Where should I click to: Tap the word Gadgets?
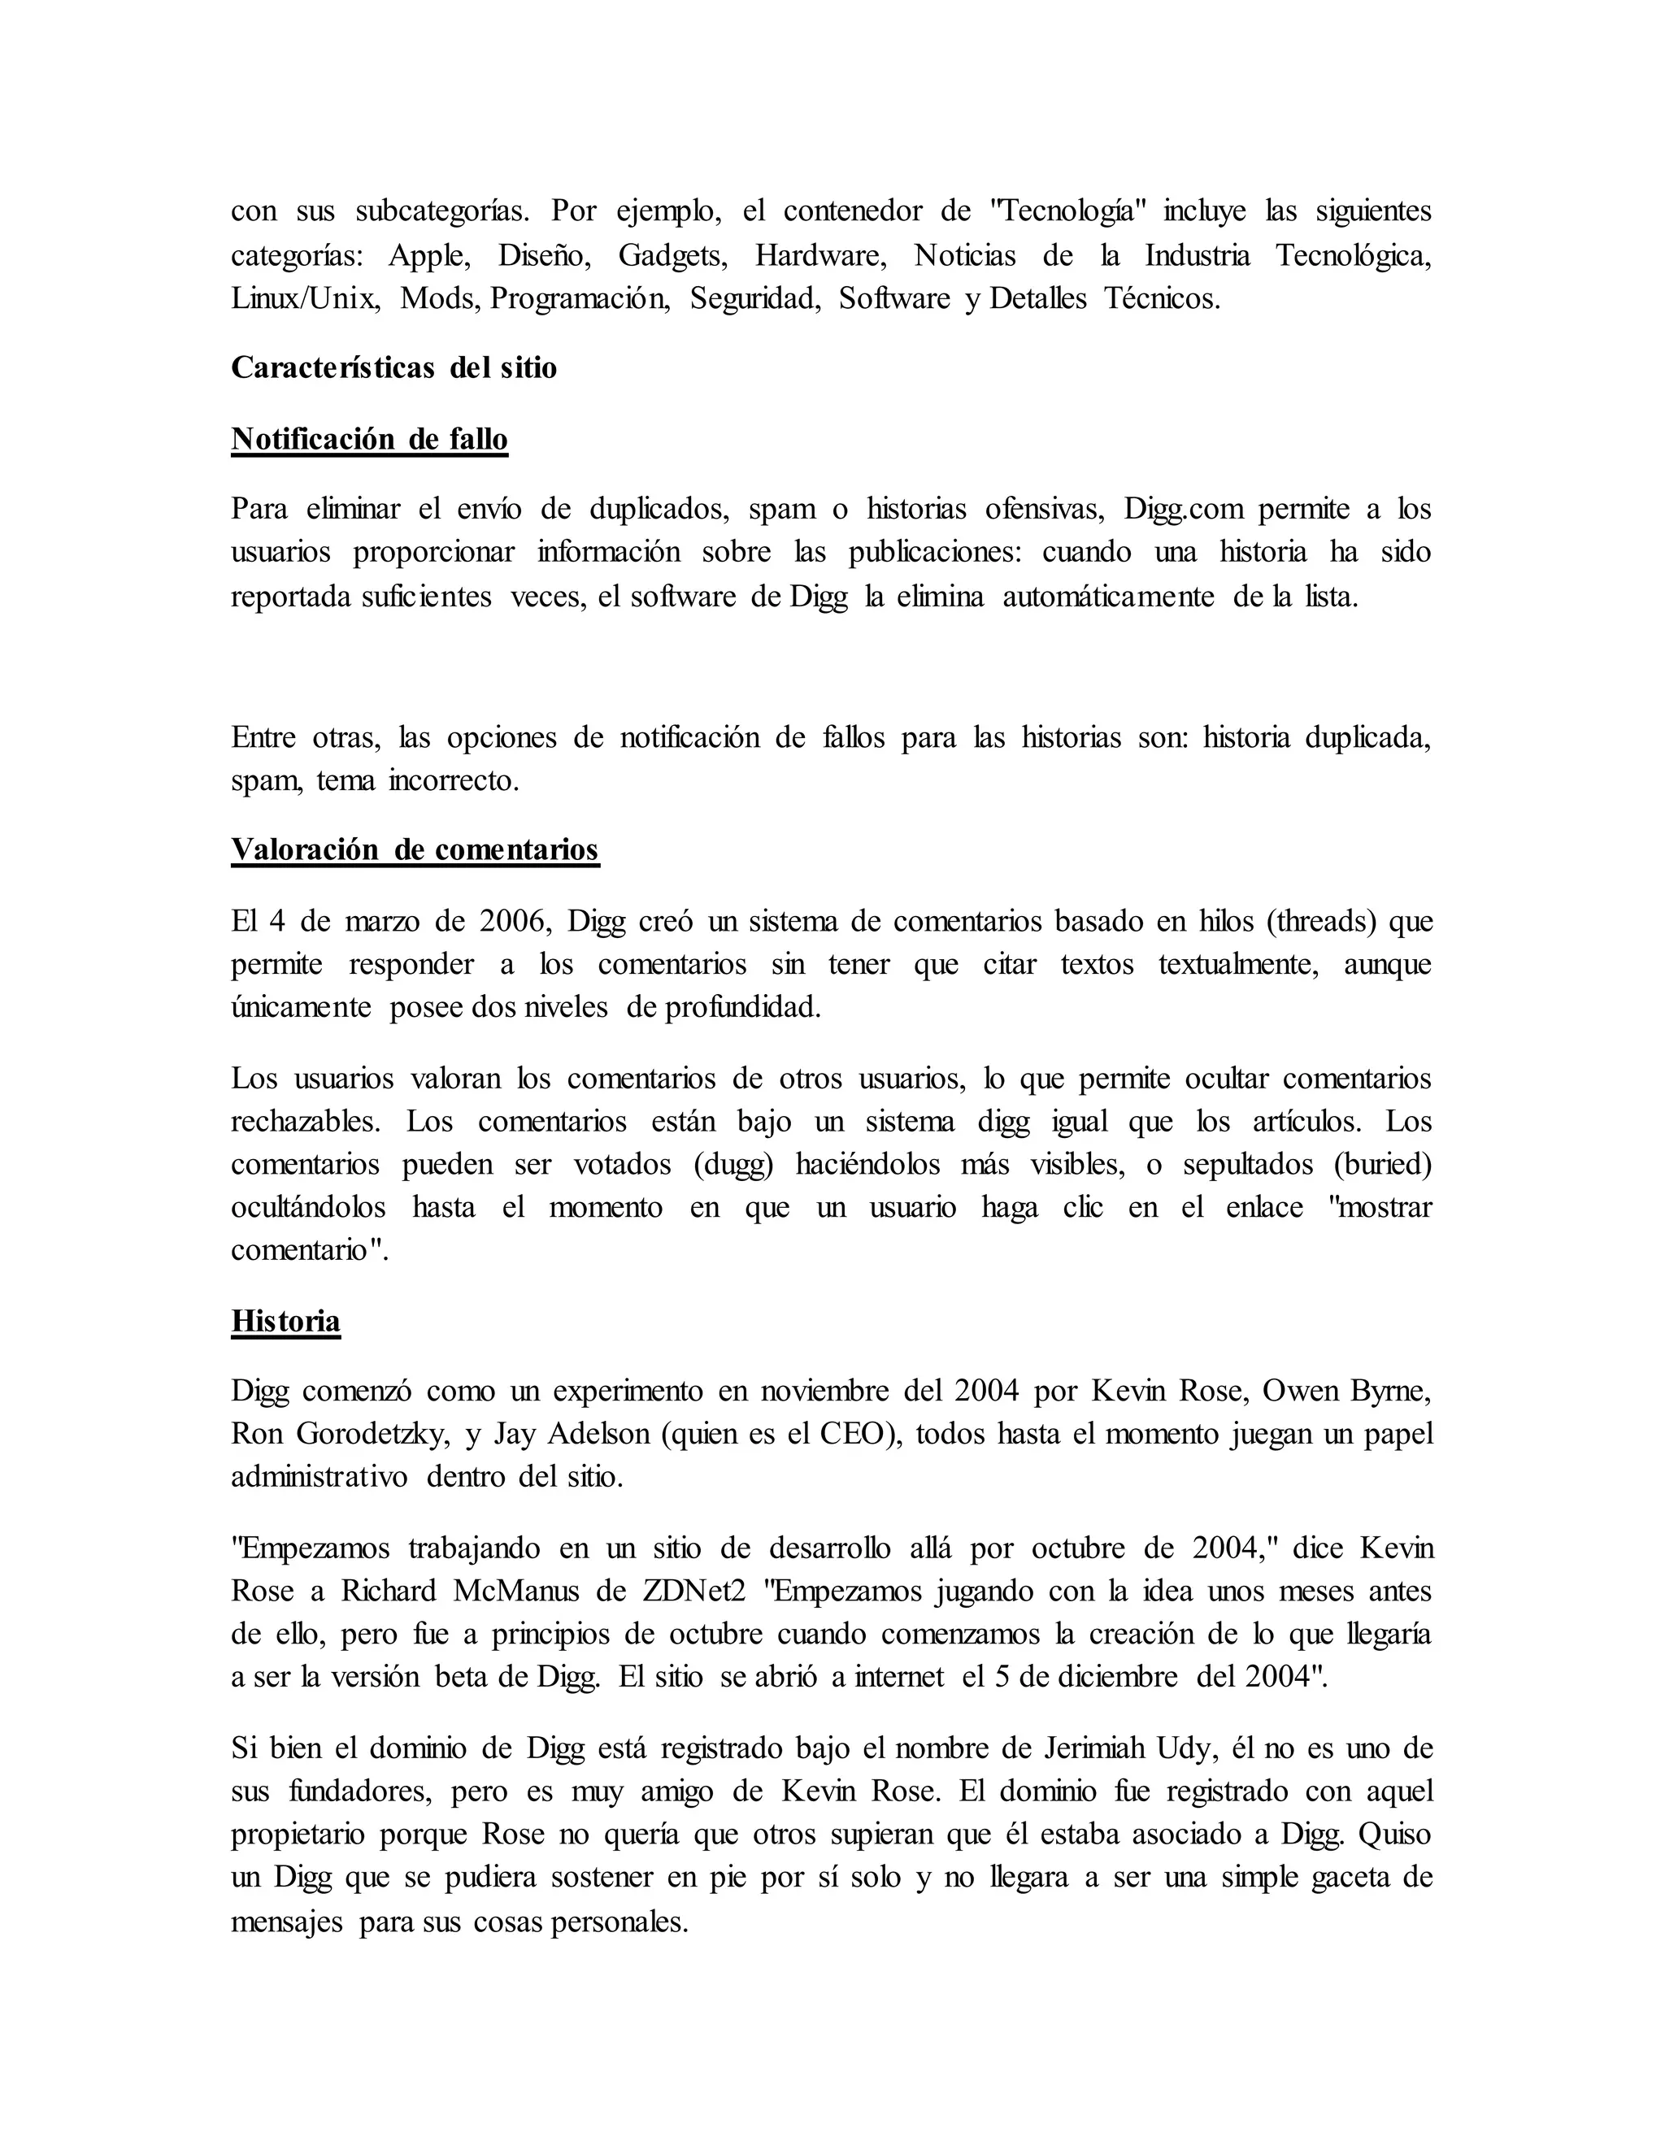[x=672, y=256]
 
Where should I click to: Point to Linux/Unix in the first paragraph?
[x=305, y=299]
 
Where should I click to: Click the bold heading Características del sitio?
[x=393, y=368]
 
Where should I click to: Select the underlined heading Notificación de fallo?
[x=369, y=439]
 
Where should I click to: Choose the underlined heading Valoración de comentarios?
[x=415, y=850]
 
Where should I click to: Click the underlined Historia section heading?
[x=286, y=1322]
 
